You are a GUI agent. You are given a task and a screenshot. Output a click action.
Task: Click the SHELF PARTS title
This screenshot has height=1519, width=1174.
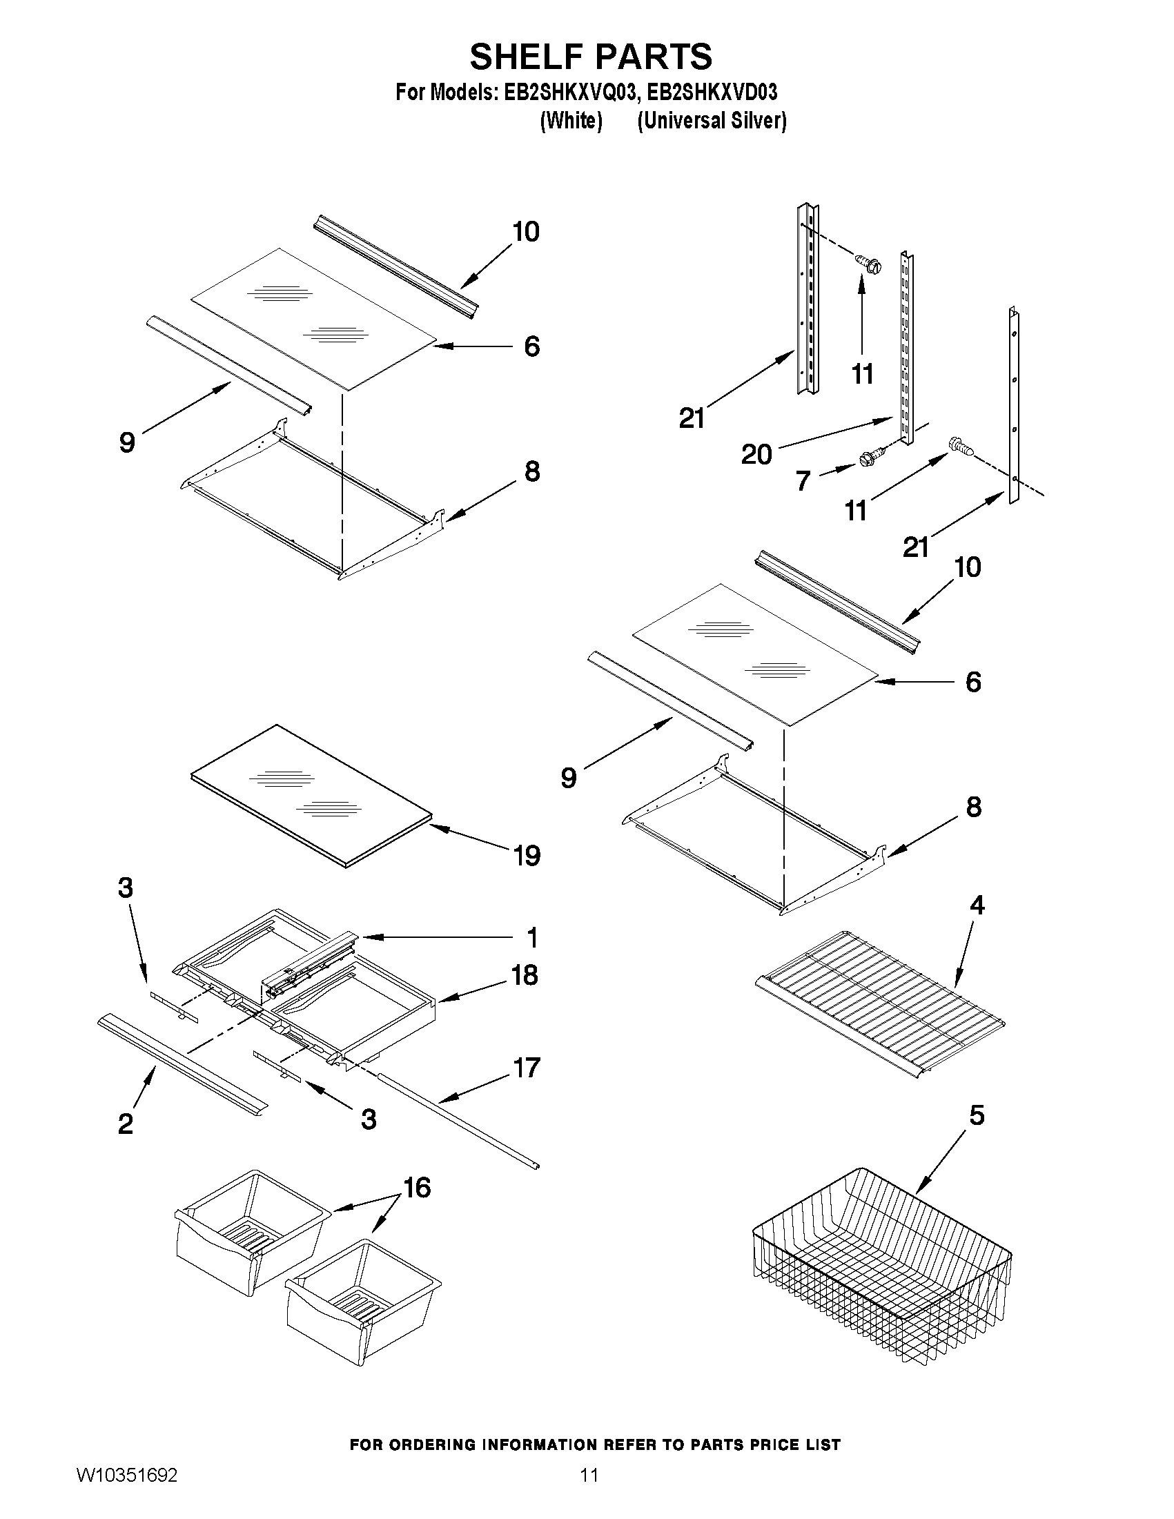point(591,57)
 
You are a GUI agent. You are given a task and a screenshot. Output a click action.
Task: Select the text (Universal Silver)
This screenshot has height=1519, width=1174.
point(712,120)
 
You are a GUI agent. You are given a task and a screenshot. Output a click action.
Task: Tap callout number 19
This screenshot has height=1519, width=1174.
point(527,856)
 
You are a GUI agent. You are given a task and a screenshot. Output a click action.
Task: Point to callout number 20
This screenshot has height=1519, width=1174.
point(756,455)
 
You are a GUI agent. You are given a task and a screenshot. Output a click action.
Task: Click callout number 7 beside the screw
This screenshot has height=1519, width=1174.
point(803,480)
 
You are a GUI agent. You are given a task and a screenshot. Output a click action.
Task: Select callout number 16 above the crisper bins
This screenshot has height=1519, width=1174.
point(417,1187)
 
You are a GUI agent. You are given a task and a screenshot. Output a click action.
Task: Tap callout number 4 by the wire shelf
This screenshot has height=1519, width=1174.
point(977,905)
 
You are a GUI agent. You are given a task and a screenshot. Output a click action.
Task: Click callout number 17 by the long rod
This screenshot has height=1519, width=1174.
point(526,1067)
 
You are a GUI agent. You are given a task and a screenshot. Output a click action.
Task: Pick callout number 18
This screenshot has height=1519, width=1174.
point(525,974)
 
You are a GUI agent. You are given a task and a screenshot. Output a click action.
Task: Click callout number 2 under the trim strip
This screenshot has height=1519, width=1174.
point(125,1124)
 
